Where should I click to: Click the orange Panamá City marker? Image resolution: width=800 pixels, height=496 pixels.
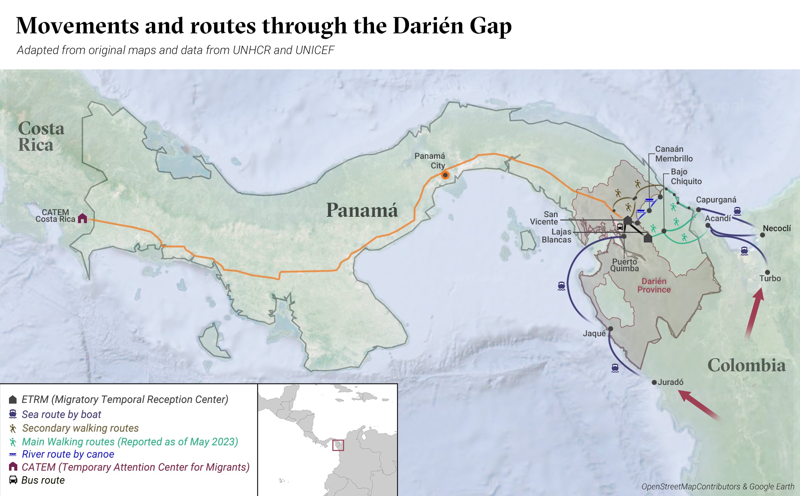pyautogui.click(x=445, y=175)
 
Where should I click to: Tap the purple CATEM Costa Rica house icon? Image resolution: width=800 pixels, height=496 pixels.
pyautogui.click(x=82, y=218)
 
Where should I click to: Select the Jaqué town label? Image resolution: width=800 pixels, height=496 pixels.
pyautogui.click(x=594, y=333)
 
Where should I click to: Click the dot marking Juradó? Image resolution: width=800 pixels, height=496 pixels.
pyautogui.click(x=654, y=382)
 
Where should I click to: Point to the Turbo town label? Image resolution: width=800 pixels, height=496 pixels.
pyautogui.click(x=770, y=278)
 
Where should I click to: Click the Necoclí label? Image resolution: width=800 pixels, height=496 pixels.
pyautogui.click(x=777, y=228)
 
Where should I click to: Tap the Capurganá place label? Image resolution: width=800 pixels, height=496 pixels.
pyautogui.click(x=716, y=199)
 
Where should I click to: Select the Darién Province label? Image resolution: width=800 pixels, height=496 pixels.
pyautogui.click(x=654, y=286)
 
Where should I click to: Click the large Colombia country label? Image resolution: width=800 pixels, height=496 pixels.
pyautogui.click(x=746, y=365)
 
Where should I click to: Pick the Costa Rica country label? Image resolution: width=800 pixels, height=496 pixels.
pyautogui.click(x=41, y=136)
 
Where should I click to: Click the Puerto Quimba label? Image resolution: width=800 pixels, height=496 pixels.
pyautogui.click(x=624, y=265)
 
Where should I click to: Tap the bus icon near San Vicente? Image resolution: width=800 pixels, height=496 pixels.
pyautogui.click(x=620, y=227)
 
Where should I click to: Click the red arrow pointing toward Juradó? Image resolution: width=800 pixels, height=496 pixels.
pyautogui.click(x=698, y=405)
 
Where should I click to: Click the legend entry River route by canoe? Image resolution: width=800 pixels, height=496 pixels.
pyautogui.click(x=68, y=454)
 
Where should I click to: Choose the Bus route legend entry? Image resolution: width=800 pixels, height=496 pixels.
pyautogui.click(x=43, y=480)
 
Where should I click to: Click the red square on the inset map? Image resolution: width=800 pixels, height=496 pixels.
pyautogui.click(x=338, y=445)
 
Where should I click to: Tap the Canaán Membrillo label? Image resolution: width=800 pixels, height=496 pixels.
pyautogui.click(x=673, y=154)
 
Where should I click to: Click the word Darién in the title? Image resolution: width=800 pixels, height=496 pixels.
pyautogui.click(x=428, y=26)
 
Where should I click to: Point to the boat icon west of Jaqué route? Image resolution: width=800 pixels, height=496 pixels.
pyautogui.click(x=562, y=286)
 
